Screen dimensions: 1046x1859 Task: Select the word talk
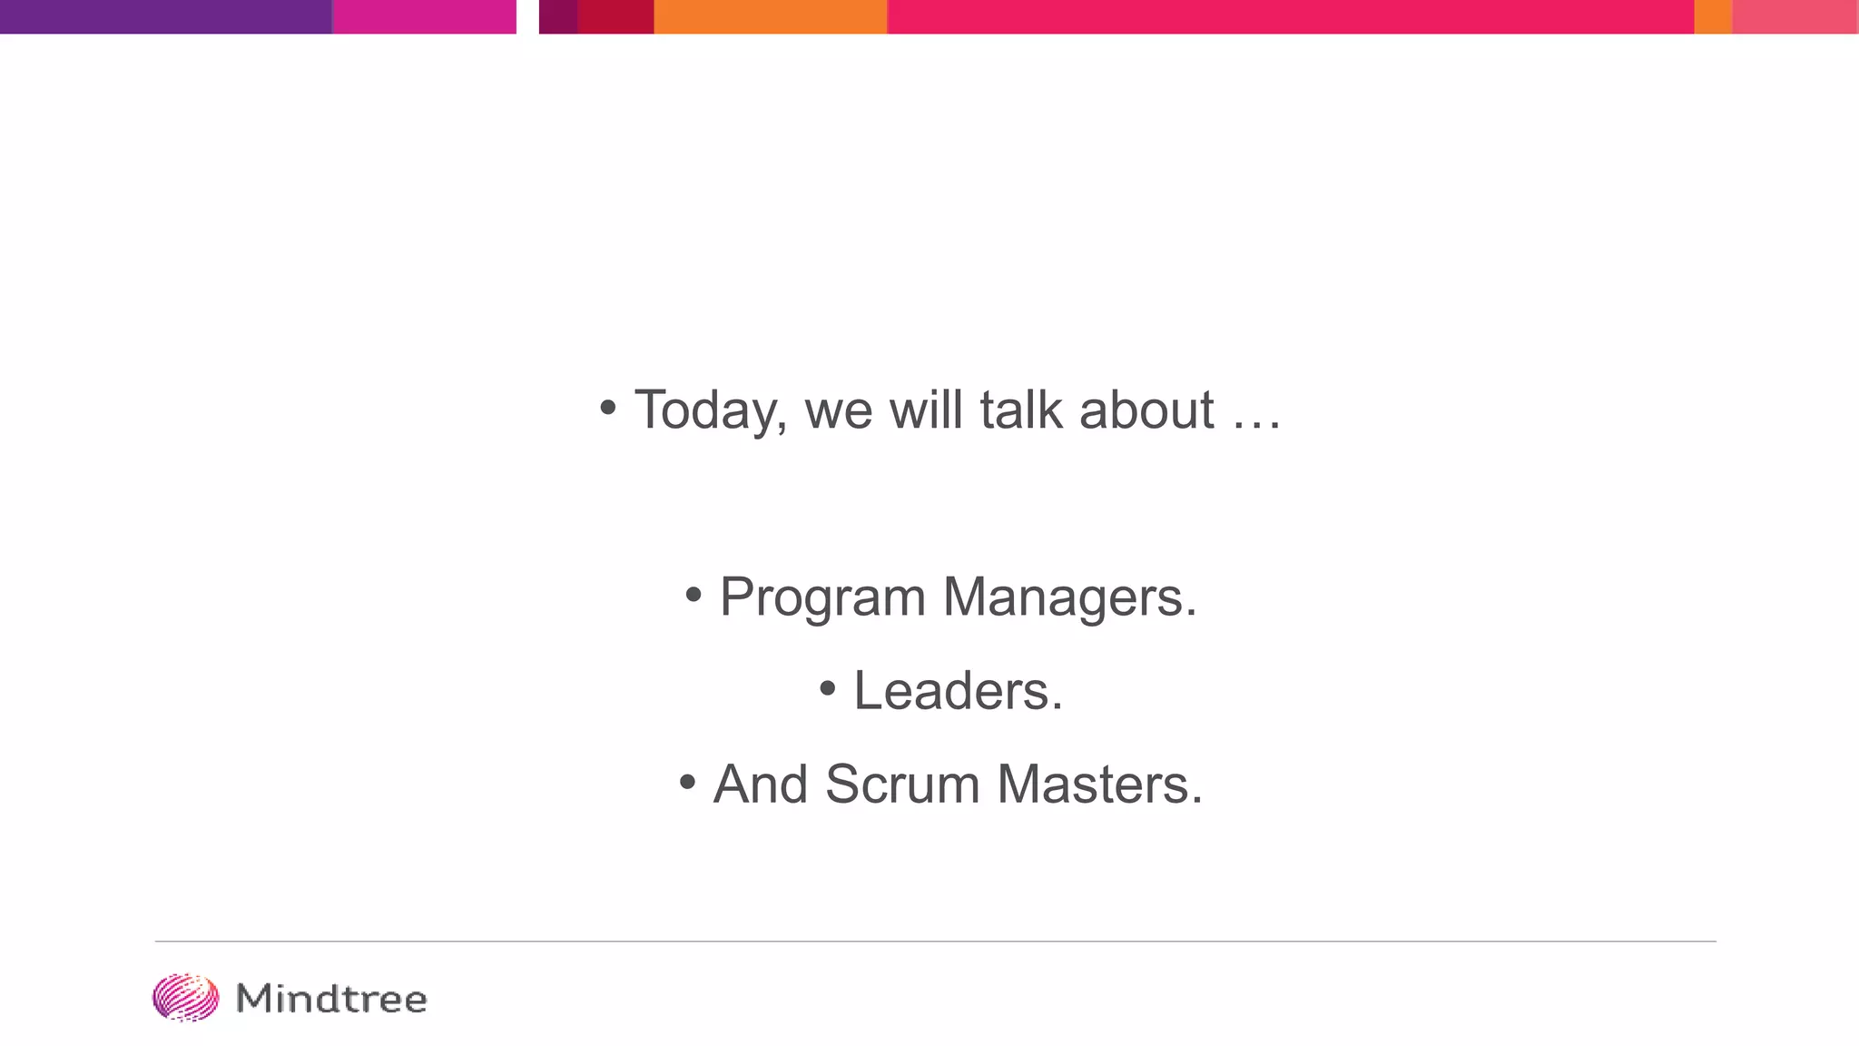click(1020, 410)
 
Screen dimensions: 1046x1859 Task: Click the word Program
click(822, 598)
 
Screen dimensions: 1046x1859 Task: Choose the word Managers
click(1069, 598)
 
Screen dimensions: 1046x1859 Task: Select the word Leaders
click(958, 691)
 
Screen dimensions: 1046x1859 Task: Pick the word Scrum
click(902, 784)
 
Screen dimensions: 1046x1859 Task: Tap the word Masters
click(1099, 784)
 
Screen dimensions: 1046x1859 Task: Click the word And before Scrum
click(760, 784)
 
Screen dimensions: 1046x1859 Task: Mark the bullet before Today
click(608, 408)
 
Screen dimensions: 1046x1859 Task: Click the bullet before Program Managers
click(693, 596)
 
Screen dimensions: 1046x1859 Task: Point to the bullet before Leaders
click(827, 688)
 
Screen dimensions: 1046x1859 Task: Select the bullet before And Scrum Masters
click(687, 782)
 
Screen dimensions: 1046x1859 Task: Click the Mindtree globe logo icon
click(185, 998)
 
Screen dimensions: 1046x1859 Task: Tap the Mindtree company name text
click(331, 999)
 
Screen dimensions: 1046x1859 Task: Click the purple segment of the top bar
click(165, 16)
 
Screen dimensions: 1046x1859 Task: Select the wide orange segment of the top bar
click(770, 16)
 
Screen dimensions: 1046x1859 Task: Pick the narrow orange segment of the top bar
click(1712, 16)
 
